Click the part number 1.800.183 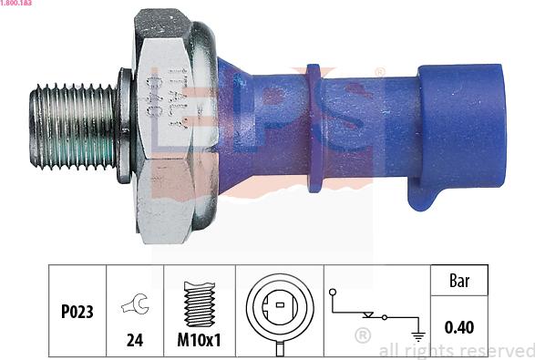pos(19,5)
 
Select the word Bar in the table pos(459,282)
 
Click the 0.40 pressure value pos(459,325)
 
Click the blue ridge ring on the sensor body pos(315,128)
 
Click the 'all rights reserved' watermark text pos(457,351)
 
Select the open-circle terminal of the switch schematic pos(334,294)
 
